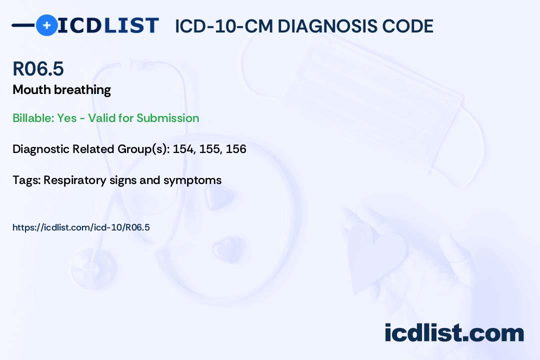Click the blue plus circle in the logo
point(46,25)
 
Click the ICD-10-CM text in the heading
point(223,26)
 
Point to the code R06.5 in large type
point(38,69)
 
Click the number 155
point(209,149)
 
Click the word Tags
point(26,180)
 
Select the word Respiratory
point(75,180)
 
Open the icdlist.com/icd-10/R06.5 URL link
point(81,227)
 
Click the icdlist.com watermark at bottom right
point(454,332)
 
